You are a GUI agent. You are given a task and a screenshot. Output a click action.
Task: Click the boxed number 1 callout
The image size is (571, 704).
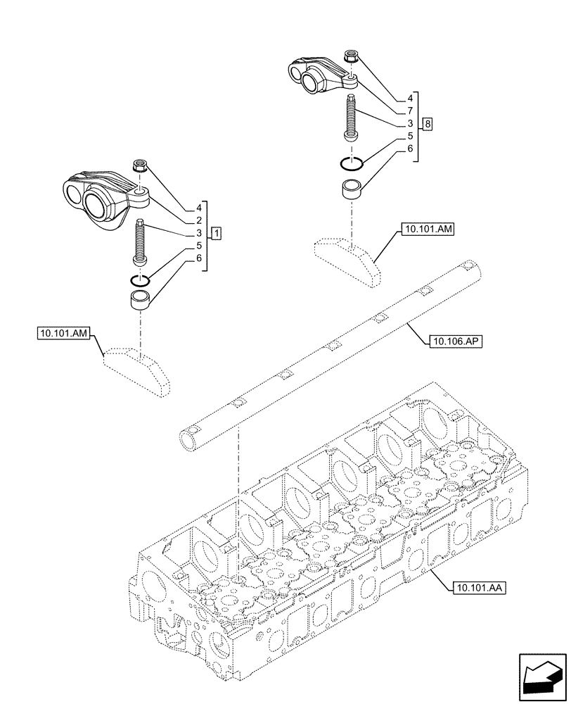click(218, 232)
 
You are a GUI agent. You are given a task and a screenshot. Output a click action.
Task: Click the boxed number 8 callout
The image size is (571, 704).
click(428, 125)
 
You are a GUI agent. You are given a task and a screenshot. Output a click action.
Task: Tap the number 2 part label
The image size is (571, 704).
click(199, 220)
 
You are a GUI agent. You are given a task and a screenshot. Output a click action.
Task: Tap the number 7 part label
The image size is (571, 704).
click(409, 111)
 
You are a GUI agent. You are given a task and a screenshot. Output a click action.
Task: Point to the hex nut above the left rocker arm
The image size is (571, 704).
click(139, 168)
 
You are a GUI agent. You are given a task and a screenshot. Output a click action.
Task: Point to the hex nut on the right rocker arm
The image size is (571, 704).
click(349, 57)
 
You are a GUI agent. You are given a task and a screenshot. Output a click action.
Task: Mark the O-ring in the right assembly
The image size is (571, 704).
click(351, 163)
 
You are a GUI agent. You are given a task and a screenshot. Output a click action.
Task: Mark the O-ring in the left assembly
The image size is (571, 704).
click(141, 280)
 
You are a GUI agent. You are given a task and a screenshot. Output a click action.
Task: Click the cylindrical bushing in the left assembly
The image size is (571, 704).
click(141, 302)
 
